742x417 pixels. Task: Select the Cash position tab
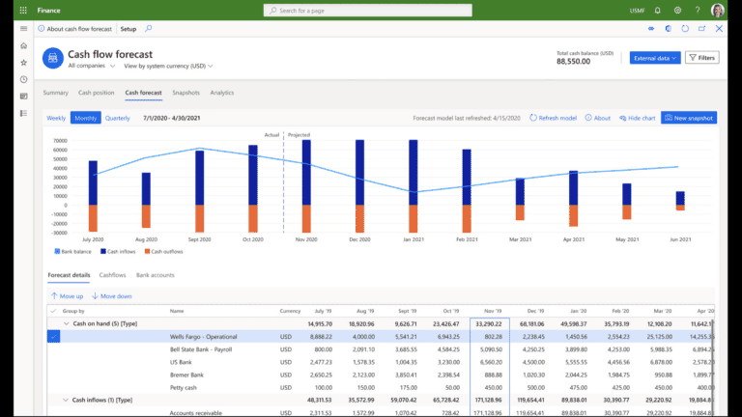point(97,93)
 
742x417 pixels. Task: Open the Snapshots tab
point(185,93)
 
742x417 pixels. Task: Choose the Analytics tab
point(222,93)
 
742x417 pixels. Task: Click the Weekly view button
point(56,118)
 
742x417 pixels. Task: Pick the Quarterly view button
point(118,118)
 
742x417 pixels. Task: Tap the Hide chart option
point(637,118)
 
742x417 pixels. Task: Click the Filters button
point(702,58)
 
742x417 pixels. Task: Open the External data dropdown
point(655,58)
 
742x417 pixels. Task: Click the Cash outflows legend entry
point(165,250)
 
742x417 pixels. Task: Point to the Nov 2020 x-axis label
point(306,238)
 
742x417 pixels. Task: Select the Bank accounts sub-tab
point(156,275)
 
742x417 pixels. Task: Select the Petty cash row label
point(184,386)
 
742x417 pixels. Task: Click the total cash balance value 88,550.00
point(586,61)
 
